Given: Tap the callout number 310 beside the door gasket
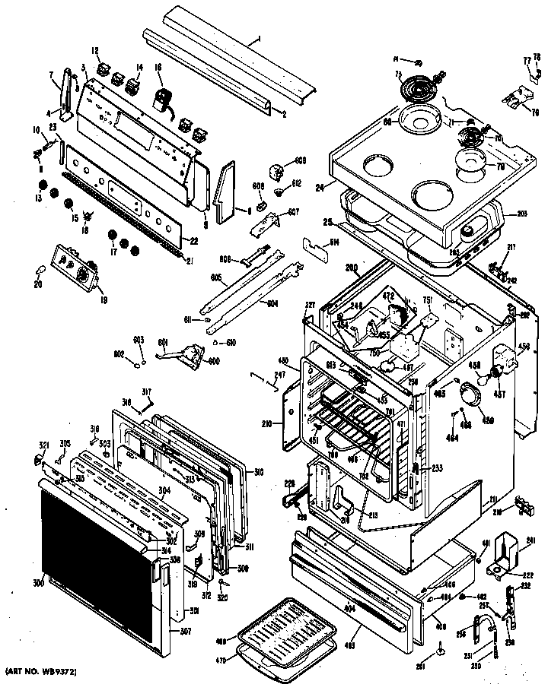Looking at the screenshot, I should [x=259, y=472].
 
